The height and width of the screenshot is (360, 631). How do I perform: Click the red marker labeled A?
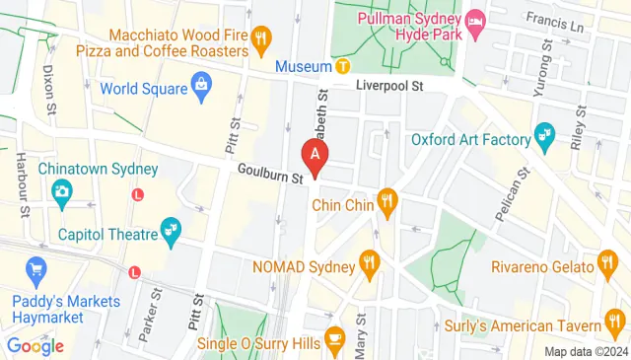tap(315, 155)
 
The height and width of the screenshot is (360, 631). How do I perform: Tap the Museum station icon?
tap(342, 66)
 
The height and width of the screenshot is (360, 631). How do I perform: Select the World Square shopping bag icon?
tap(201, 86)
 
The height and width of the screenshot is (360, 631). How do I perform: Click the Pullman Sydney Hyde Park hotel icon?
tap(475, 20)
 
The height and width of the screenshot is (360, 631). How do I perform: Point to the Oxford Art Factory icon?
tap(543, 132)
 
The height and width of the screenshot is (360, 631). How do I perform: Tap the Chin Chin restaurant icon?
tap(387, 205)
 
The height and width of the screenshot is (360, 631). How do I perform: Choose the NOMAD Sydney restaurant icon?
tap(371, 261)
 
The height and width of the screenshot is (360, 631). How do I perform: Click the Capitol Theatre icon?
tap(173, 232)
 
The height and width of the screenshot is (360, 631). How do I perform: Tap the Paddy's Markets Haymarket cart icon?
tap(37, 268)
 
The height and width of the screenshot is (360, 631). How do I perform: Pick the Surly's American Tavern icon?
tap(616, 319)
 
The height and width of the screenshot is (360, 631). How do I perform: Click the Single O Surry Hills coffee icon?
tap(334, 335)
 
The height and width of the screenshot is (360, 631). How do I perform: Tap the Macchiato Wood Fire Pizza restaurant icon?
tap(260, 40)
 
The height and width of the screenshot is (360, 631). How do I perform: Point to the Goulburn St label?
tap(269, 176)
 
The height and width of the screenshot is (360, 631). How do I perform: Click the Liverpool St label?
tap(389, 87)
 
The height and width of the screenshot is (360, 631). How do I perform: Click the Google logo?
tap(35, 345)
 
